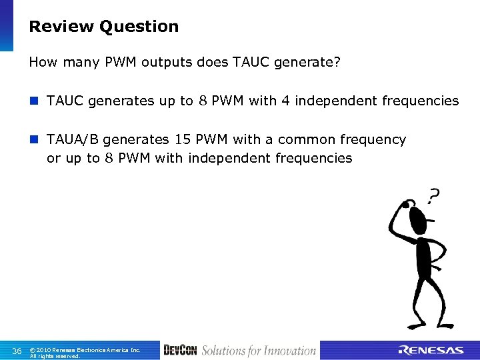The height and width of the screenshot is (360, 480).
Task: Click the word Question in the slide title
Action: coord(139,27)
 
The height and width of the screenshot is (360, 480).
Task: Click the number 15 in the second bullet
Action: coord(183,140)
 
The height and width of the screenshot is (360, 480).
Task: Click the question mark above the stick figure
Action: coord(433,196)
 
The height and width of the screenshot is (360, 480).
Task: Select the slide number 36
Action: coord(17,351)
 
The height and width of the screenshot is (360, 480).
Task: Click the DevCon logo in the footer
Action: coord(180,351)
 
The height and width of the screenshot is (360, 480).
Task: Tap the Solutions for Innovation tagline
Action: coord(259,351)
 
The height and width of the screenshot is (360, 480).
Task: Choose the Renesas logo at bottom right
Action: coord(431,351)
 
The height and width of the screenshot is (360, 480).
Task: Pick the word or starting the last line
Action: coord(53,159)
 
